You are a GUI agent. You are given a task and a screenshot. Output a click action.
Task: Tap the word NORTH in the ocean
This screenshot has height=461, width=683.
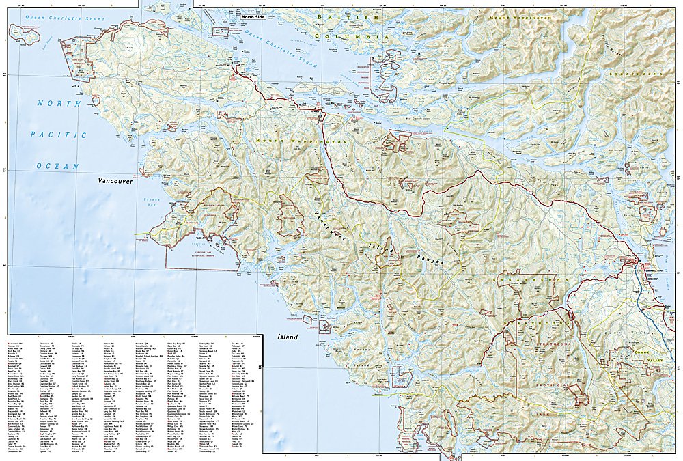pyautogui.click(x=48, y=104)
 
